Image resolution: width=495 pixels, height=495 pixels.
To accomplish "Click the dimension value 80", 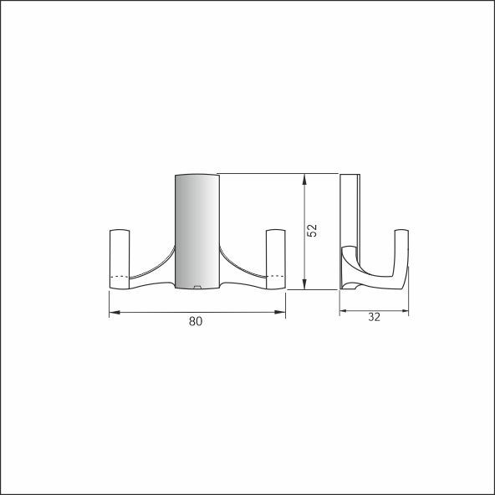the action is (196, 321).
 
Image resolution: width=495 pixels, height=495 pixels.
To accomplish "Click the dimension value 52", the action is (312, 231).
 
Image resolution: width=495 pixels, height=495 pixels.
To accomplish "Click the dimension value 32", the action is (374, 317).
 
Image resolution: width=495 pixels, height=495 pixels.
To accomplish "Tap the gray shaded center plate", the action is (197, 232).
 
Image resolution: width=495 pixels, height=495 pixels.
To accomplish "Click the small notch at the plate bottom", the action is (197, 287).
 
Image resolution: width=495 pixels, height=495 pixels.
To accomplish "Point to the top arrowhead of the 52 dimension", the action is (304, 179).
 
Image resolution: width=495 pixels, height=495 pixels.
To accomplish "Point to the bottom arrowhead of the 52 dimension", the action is (304, 283).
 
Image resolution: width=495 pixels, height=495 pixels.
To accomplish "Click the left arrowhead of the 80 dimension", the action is (115, 312).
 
